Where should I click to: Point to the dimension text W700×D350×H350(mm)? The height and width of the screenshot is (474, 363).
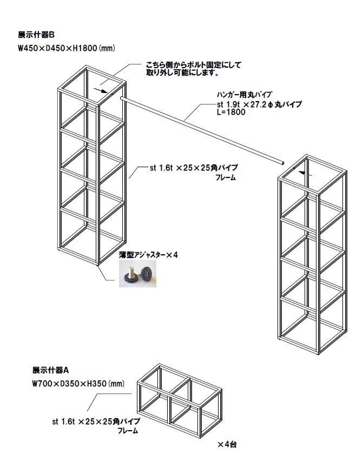78,384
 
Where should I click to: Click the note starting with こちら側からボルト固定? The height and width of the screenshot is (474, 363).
194,65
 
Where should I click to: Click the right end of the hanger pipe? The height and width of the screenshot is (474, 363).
282,161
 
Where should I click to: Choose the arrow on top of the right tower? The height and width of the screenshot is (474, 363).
305,173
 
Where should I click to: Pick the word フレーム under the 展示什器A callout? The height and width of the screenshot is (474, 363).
128,431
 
